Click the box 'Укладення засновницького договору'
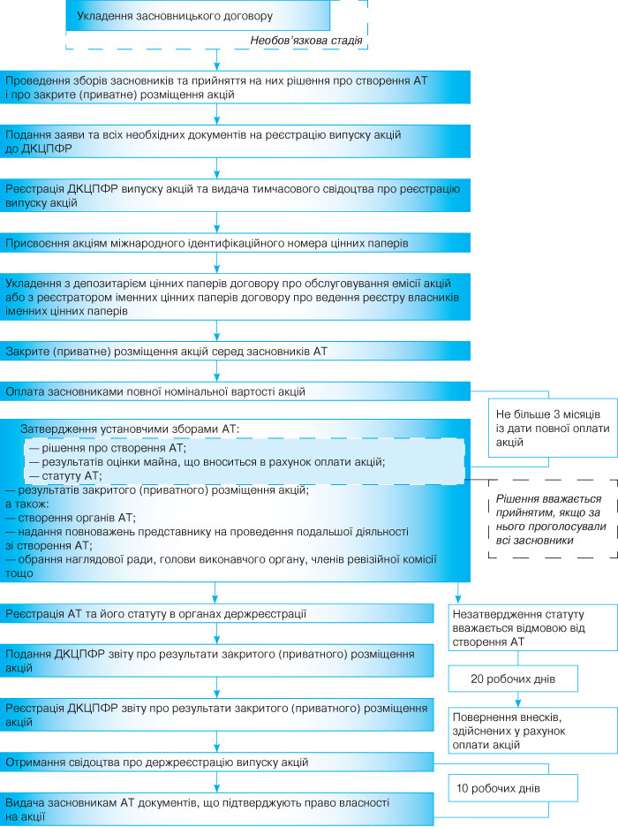coord(199,16)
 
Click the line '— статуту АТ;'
coord(66,476)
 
